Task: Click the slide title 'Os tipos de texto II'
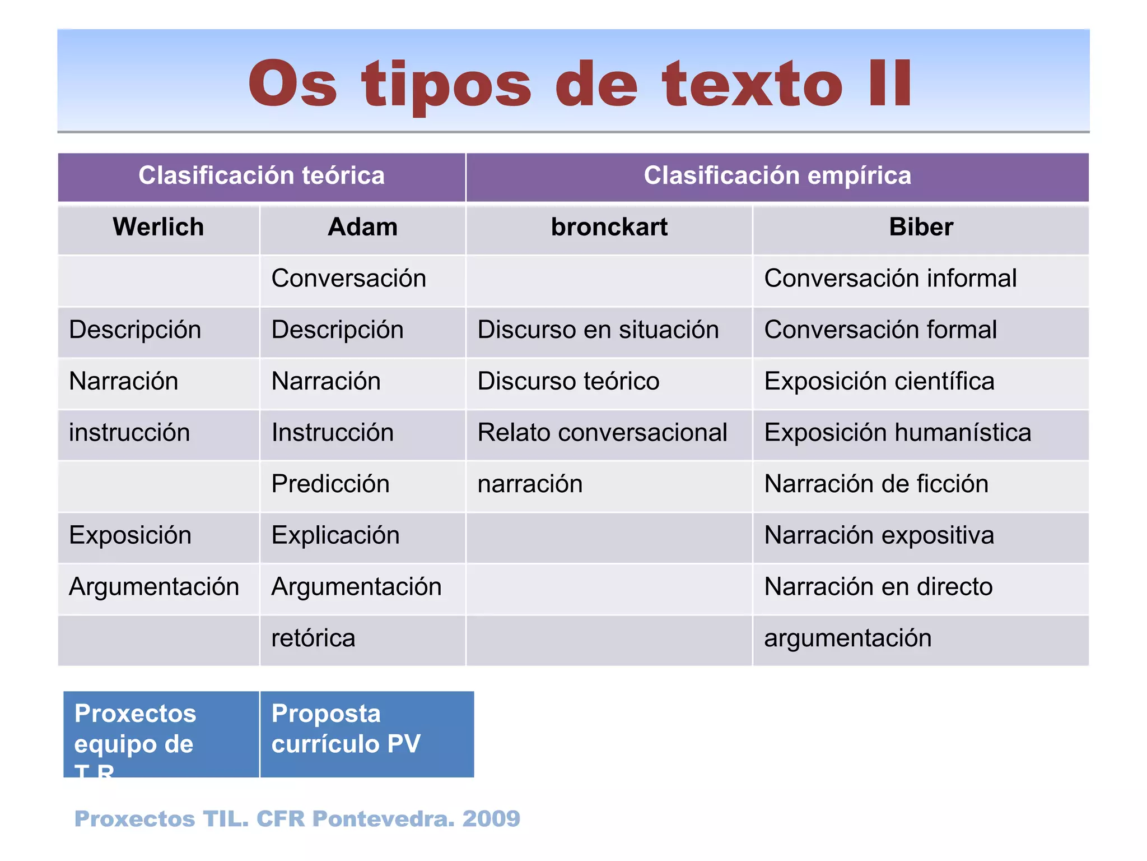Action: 580,84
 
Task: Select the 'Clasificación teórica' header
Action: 262,176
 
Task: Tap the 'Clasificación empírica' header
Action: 777,176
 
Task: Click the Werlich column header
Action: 158,228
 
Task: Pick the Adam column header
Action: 362,228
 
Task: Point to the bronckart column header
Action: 609,228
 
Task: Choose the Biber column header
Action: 921,228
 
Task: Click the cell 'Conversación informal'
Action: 890,279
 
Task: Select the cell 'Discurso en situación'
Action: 598,330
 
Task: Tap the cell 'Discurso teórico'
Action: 568,382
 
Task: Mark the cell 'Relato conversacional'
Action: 602,433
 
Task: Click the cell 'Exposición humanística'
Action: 897,433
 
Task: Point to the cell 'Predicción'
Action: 330,484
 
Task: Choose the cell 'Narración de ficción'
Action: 876,484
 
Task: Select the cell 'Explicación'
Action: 335,536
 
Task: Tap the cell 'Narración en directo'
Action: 878,587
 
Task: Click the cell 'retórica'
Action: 313,638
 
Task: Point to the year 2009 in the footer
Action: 491,819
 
